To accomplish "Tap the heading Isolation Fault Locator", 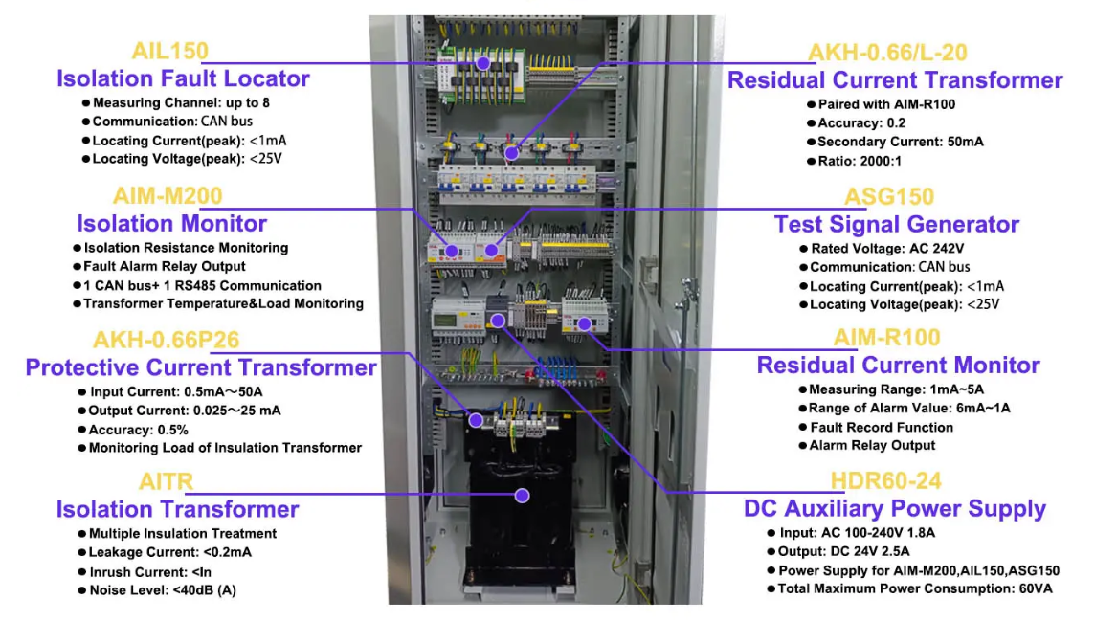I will pyautogui.click(x=183, y=78).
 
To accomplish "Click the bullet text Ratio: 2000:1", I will pyautogui.click(x=858, y=160).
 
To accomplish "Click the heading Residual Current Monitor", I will pyautogui.click(x=898, y=366).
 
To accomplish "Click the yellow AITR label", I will pyautogui.click(x=167, y=481).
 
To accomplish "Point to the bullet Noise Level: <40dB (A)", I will pyautogui.click(x=162, y=590).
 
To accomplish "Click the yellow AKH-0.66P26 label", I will pyautogui.click(x=167, y=340).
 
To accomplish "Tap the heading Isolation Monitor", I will pyautogui.click(x=172, y=224).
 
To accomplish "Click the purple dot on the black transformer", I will pyautogui.click(x=522, y=495).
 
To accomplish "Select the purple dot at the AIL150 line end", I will pyautogui.click(x=483, y=63).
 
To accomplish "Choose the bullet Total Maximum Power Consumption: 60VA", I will pyautogui.click(x=914, y=588).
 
